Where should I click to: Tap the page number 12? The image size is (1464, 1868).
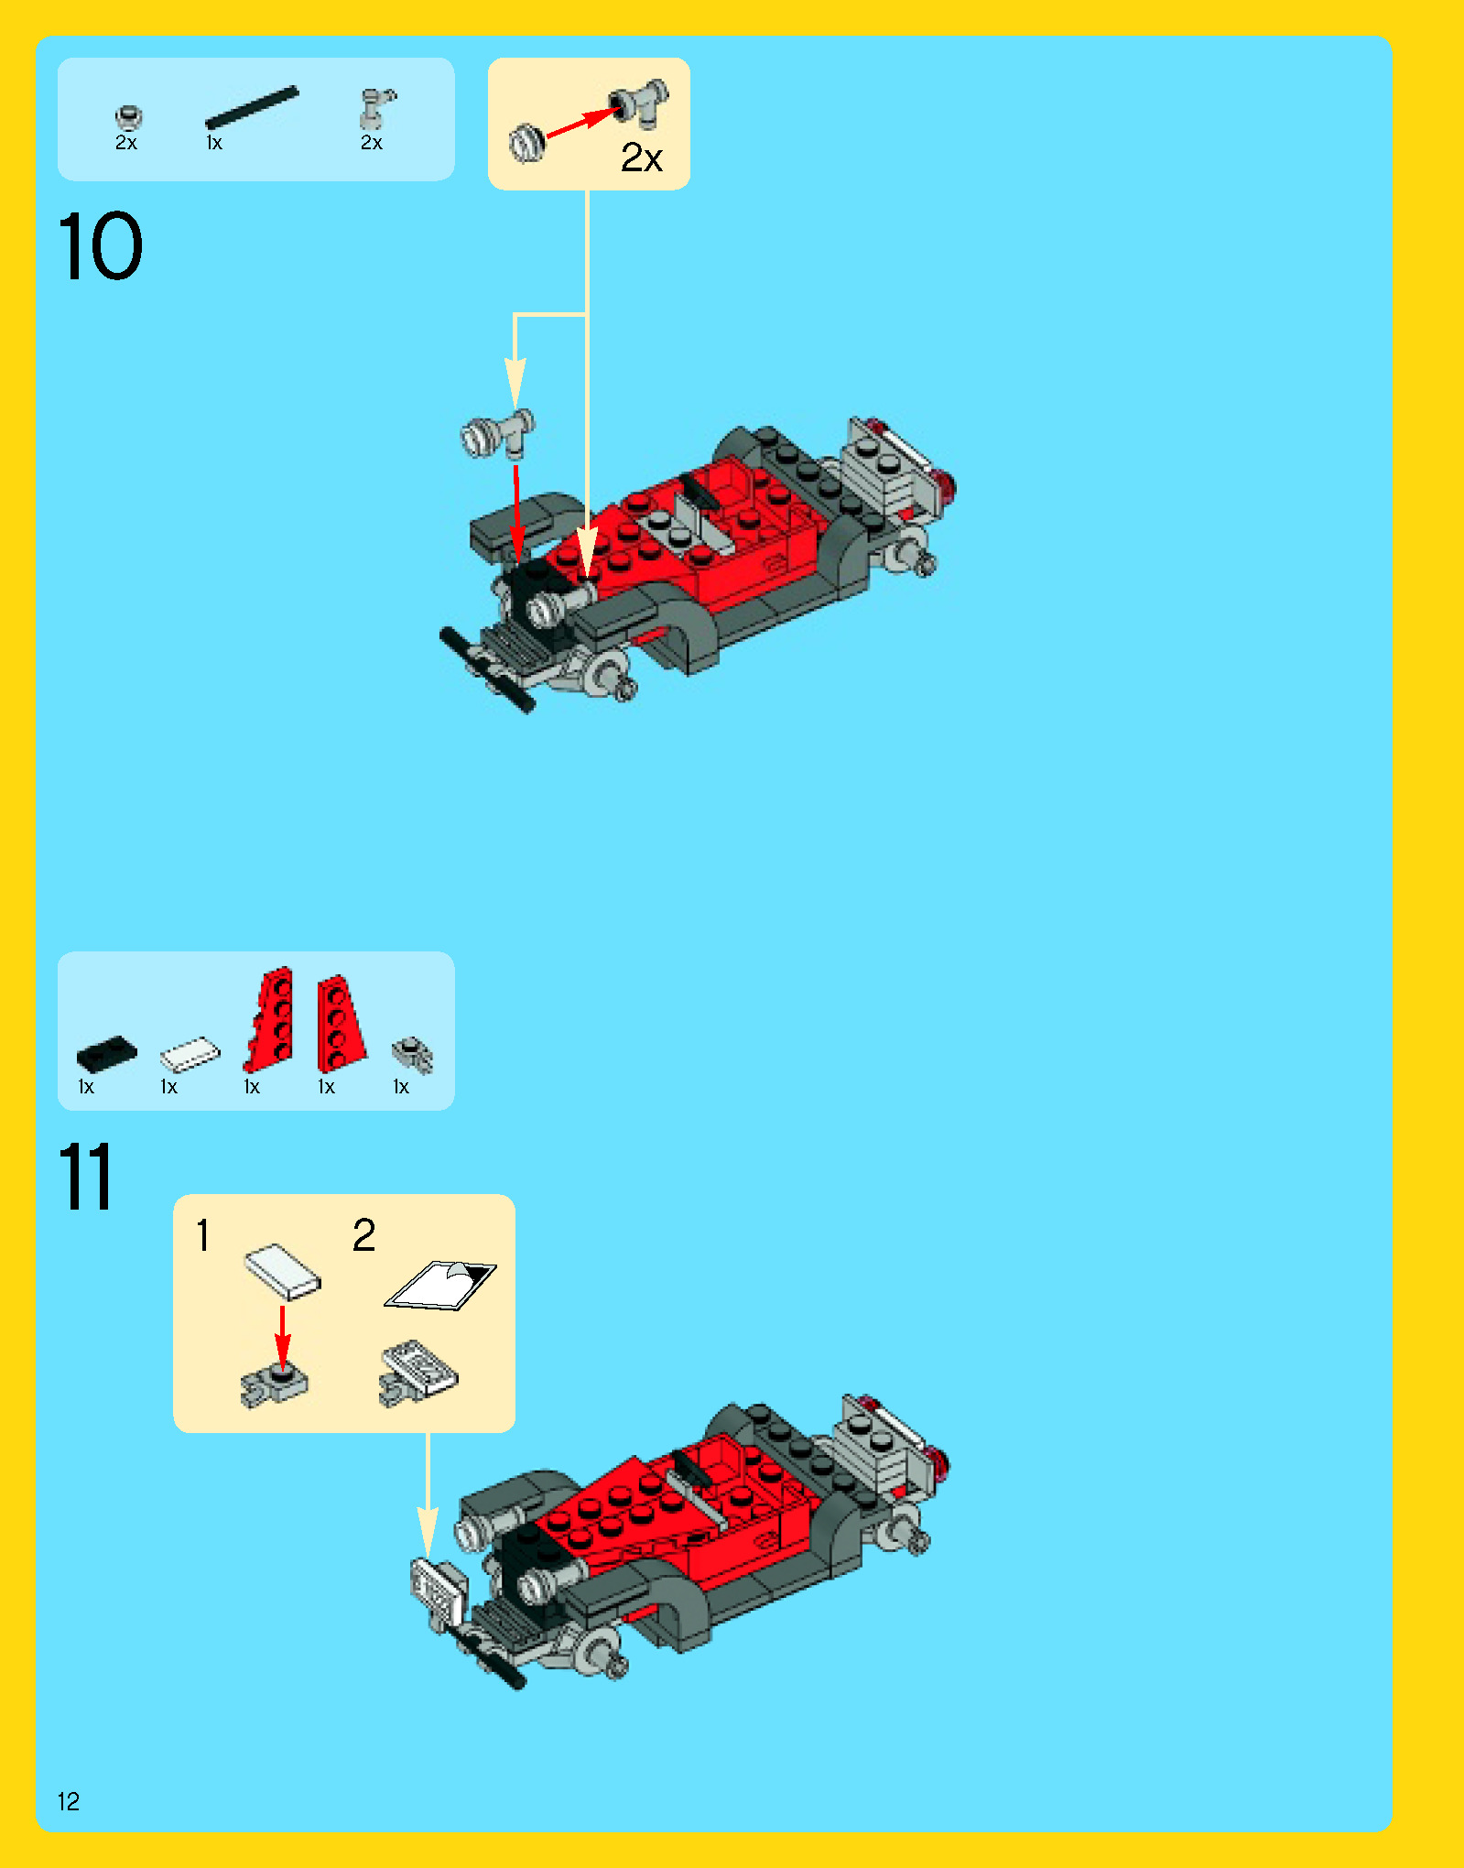(69, 1801)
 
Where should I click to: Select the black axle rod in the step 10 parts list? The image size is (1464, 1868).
(252, 108)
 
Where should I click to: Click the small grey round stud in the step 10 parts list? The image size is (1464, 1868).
(128, 117)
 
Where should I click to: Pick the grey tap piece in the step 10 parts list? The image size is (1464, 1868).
(375, 108)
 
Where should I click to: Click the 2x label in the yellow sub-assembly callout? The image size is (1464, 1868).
(641, 157)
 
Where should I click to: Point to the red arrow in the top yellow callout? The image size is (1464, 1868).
(581, 123)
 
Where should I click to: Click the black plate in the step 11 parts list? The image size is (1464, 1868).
(106, 1054)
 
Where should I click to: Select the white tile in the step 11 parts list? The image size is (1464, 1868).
(190, 1054)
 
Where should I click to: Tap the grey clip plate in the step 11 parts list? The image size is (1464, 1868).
(412, 1054)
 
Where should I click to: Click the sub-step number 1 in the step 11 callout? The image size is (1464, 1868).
(203, 1235)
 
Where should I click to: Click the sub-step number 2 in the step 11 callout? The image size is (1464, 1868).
(363, 1235)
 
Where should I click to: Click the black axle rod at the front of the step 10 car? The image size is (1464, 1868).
(486, 669)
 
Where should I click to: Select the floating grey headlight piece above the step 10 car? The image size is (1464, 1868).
(497, 433)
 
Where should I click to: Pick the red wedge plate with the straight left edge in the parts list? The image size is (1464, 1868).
(342, 1023)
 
